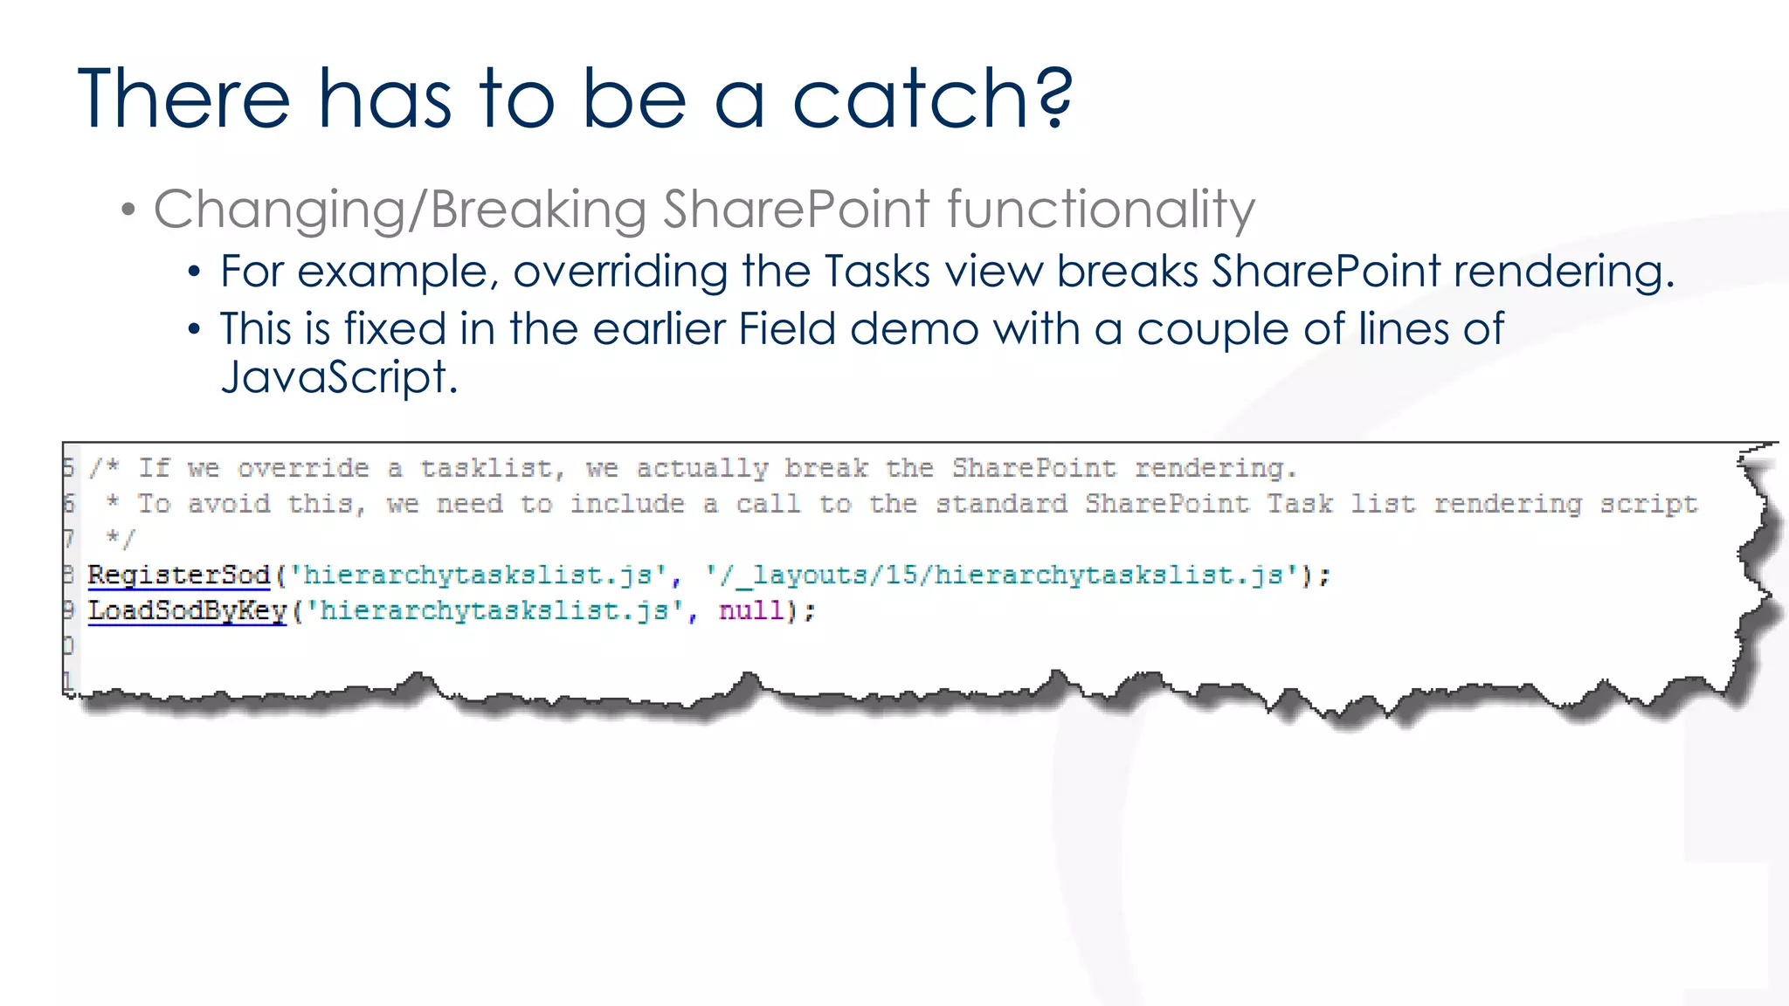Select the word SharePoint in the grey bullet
(796, 210)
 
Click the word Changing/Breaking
(399, 210)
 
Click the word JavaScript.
(339, 378)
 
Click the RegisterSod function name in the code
(179, 575)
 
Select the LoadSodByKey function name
(188, 610)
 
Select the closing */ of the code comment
(120, 539)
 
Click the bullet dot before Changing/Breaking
(128, 210)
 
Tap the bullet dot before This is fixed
(195, 330)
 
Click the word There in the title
(183, 100)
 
